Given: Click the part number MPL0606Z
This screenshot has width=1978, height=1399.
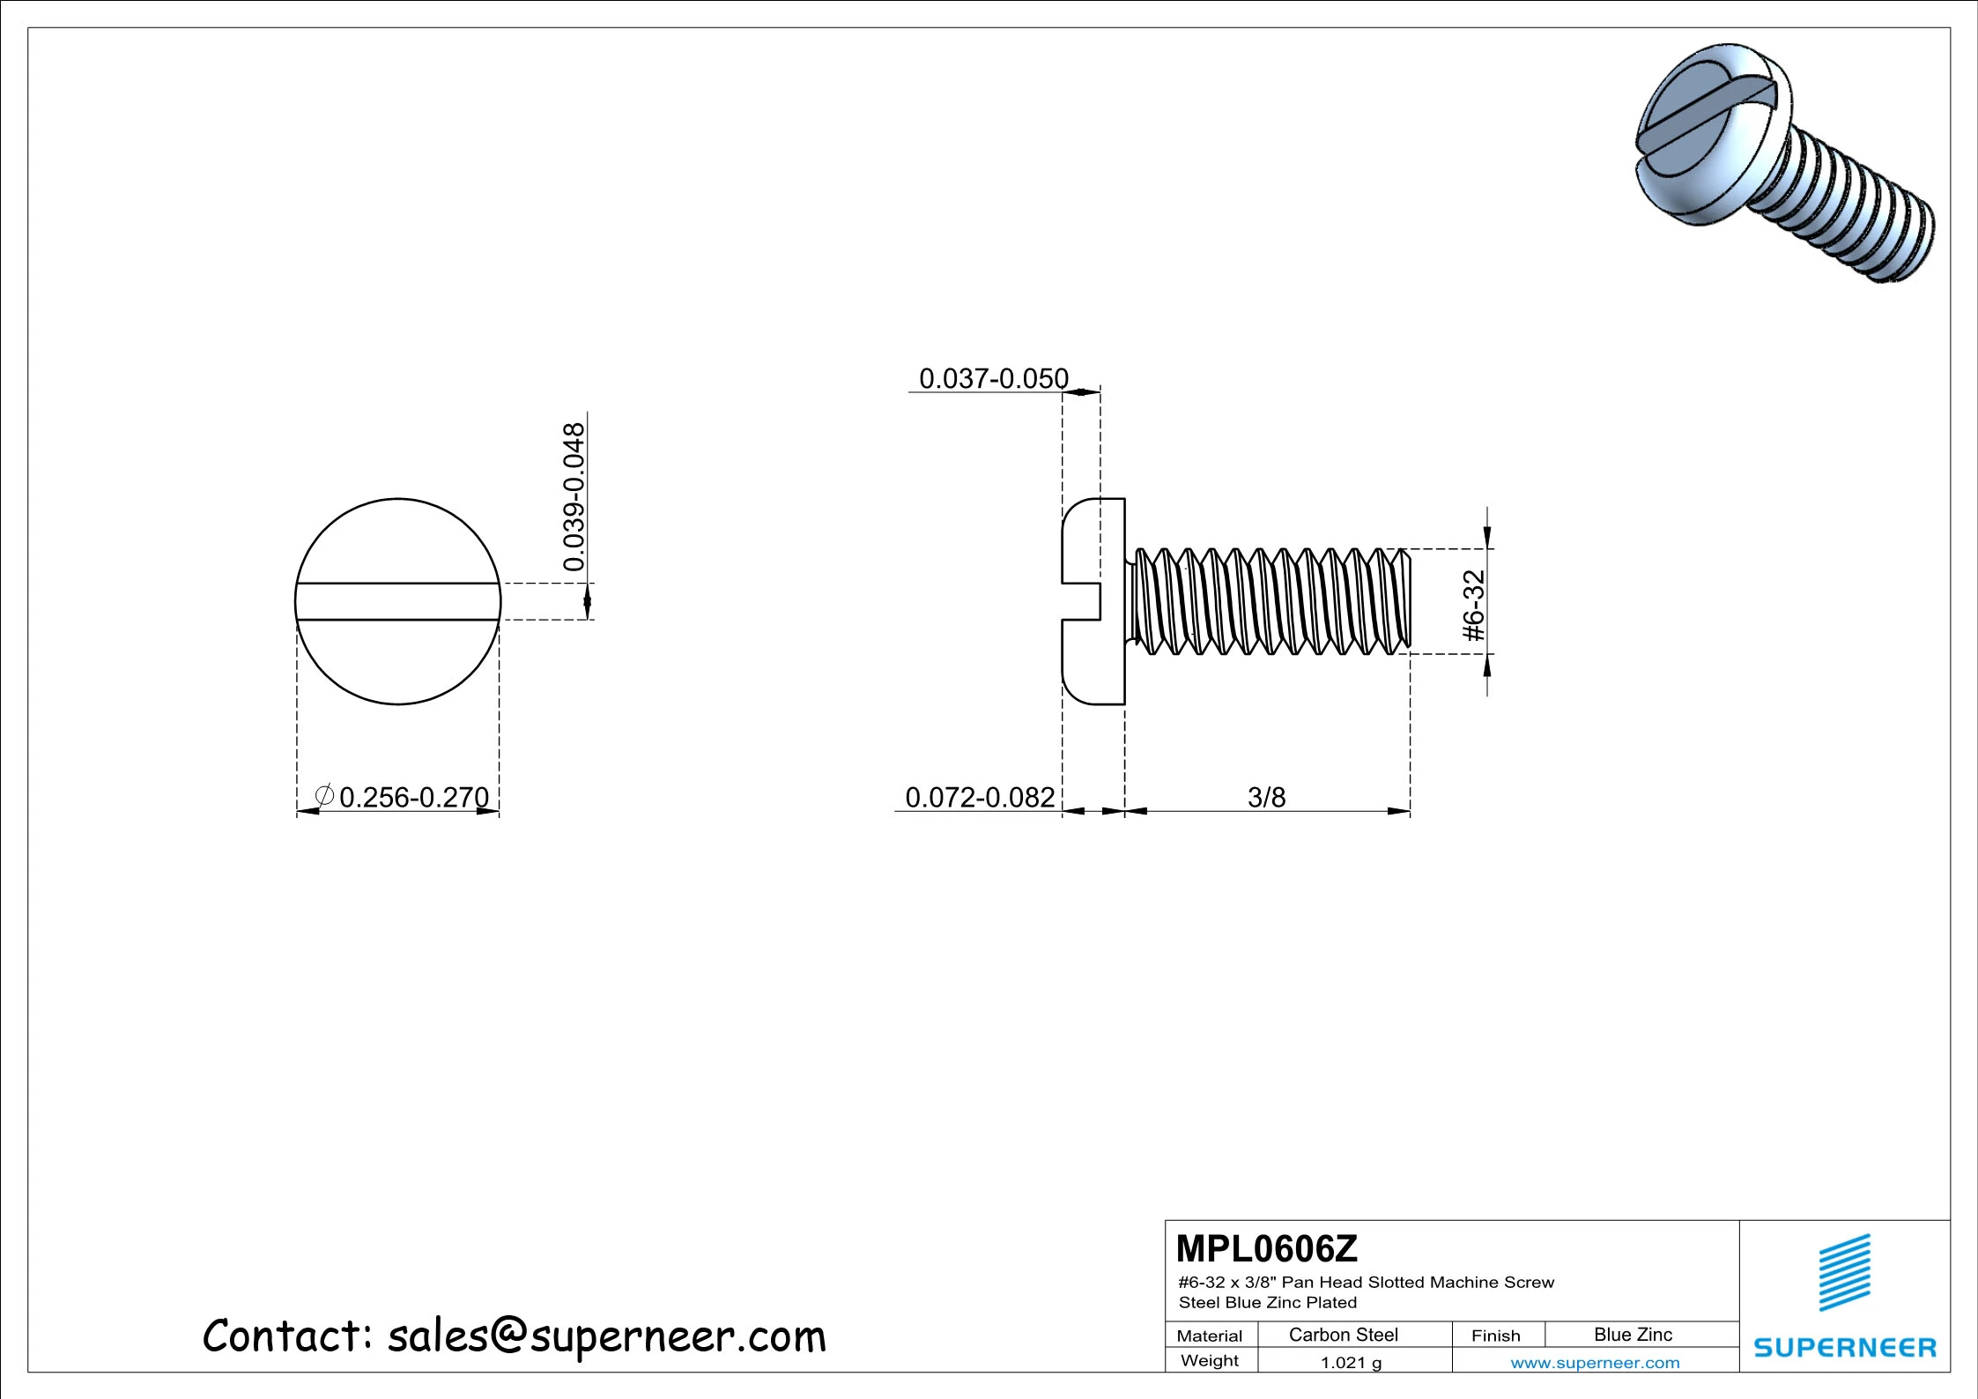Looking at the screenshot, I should (x=1266, y=1249).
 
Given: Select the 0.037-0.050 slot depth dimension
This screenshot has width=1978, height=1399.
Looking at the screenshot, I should (x=993, y=379).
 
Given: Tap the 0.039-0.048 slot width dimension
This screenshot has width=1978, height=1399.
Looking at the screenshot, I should (x=574, y=496).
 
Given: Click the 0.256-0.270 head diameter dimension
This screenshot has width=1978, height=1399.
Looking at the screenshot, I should (x=413, y=797).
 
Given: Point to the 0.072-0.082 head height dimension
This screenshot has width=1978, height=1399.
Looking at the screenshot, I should (x=980, y=797).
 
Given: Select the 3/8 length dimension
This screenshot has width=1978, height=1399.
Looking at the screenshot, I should (x=1266, y=797).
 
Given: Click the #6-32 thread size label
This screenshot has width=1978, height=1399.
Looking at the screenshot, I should (x=1474, y=606).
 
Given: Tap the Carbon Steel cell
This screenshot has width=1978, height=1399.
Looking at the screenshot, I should (x=1343, y=1335).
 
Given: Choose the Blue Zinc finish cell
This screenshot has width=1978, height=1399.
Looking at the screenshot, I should (x=1633, y=1335).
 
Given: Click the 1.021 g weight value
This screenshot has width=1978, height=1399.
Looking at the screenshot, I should (x=1350, y=1363).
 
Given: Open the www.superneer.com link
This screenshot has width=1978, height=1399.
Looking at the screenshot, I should (x=1595, y=1363).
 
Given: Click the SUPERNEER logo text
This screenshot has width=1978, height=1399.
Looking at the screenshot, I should (x=1845, y=1347).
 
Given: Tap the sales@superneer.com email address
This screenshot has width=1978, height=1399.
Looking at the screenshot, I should (x=606, y=1336).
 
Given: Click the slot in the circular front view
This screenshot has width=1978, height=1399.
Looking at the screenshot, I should (x=397, y=601).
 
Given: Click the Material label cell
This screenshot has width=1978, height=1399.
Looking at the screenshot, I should (x=1209, y=1336).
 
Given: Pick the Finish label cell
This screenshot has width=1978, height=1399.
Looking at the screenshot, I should (x=1495, y=1336).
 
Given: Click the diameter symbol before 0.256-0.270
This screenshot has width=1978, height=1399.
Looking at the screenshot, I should (x=324, y=796).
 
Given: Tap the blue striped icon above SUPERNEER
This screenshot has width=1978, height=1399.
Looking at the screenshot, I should (x=1844, y=1272).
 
